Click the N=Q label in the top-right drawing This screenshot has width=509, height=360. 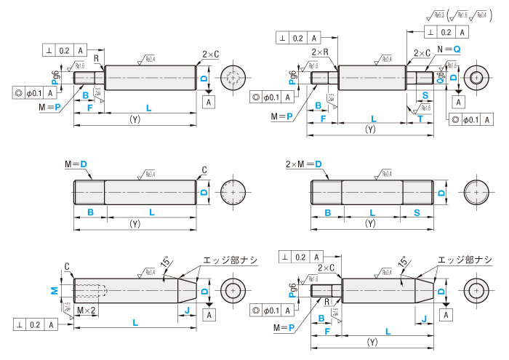(x=449, y=48)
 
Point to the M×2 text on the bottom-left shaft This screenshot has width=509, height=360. (x=87, y=310)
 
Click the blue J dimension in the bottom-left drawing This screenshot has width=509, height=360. (x=188, y=311)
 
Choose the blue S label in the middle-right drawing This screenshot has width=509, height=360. (x=417, y=212)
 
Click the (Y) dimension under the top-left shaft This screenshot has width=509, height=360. (x=135, y=118)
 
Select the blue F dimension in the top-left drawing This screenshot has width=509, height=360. (x=89, y=108)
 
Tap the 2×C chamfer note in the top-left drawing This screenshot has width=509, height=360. (x=210, y=55)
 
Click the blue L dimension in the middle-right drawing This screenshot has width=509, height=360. (x=371, y=212)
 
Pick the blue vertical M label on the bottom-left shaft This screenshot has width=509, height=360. (x=54, y=289)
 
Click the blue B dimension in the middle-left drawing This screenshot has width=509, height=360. (x=90, y=212)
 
